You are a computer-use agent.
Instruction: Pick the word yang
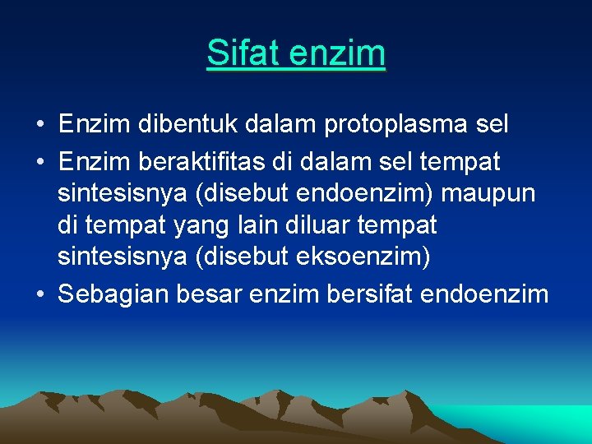click(x=190, y=225)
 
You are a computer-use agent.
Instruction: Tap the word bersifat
click(x=370, y=294)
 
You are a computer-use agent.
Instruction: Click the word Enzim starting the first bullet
click(x=94, y=125)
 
